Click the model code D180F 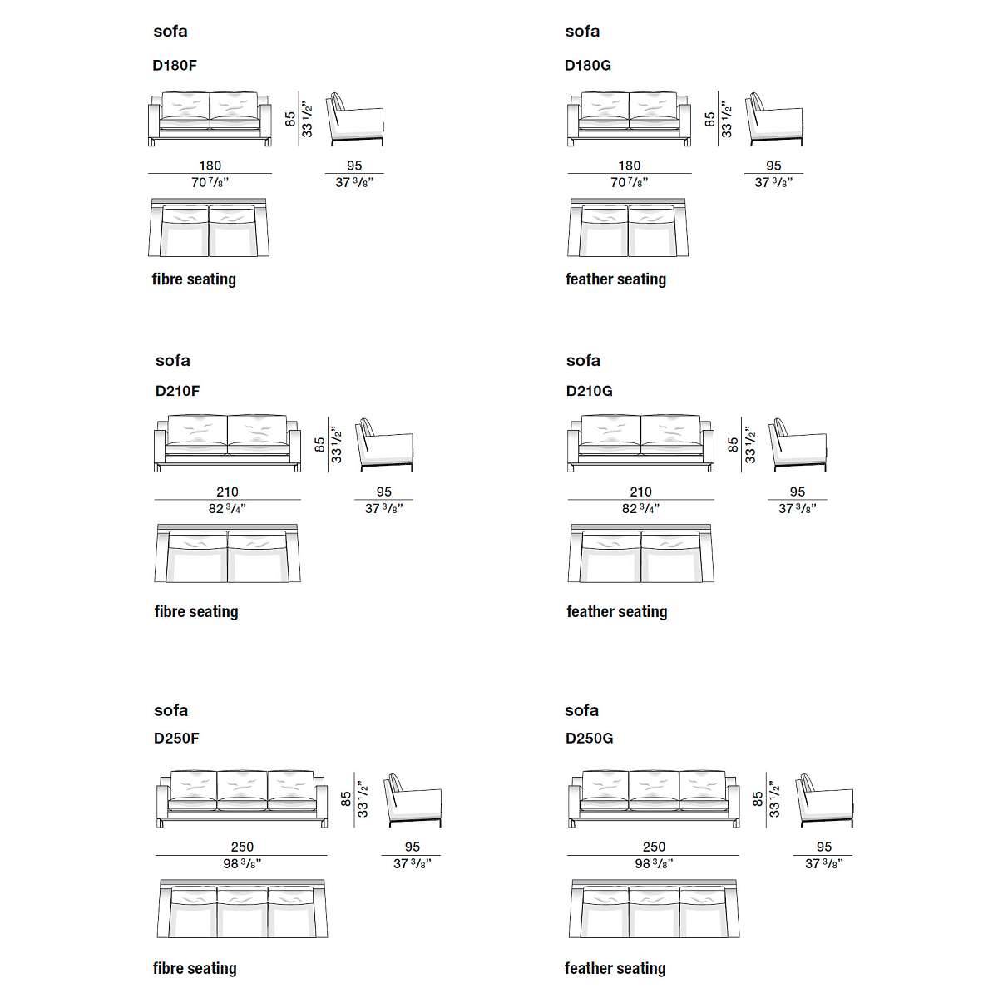click(175, 65)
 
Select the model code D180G click(588, 65)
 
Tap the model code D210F click(177, 391)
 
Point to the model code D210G click(590, 391)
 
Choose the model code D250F click(176, 738)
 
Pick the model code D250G click(590, 738)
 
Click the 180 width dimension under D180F click(210, 166)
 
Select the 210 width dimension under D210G click(640, 492)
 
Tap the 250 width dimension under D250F click(242, 847)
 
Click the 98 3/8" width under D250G click(654, 863)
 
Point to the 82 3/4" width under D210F click(227, 509)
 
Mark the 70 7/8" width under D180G click(630, 182)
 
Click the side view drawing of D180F click(355, 119)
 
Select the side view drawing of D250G click(824, 800)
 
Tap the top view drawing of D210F click(227, 553)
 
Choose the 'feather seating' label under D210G click(617, 611)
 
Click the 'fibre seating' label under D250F click(195, 968)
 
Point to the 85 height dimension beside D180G click(709, 119)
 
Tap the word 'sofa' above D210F click(173, 360)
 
